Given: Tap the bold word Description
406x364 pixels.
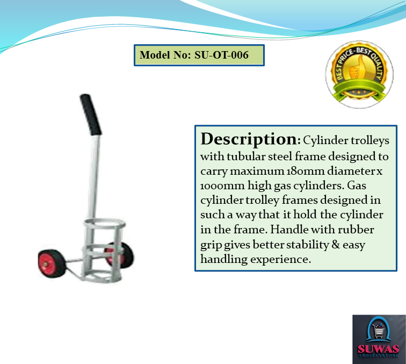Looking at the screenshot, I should tap(249, 139).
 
